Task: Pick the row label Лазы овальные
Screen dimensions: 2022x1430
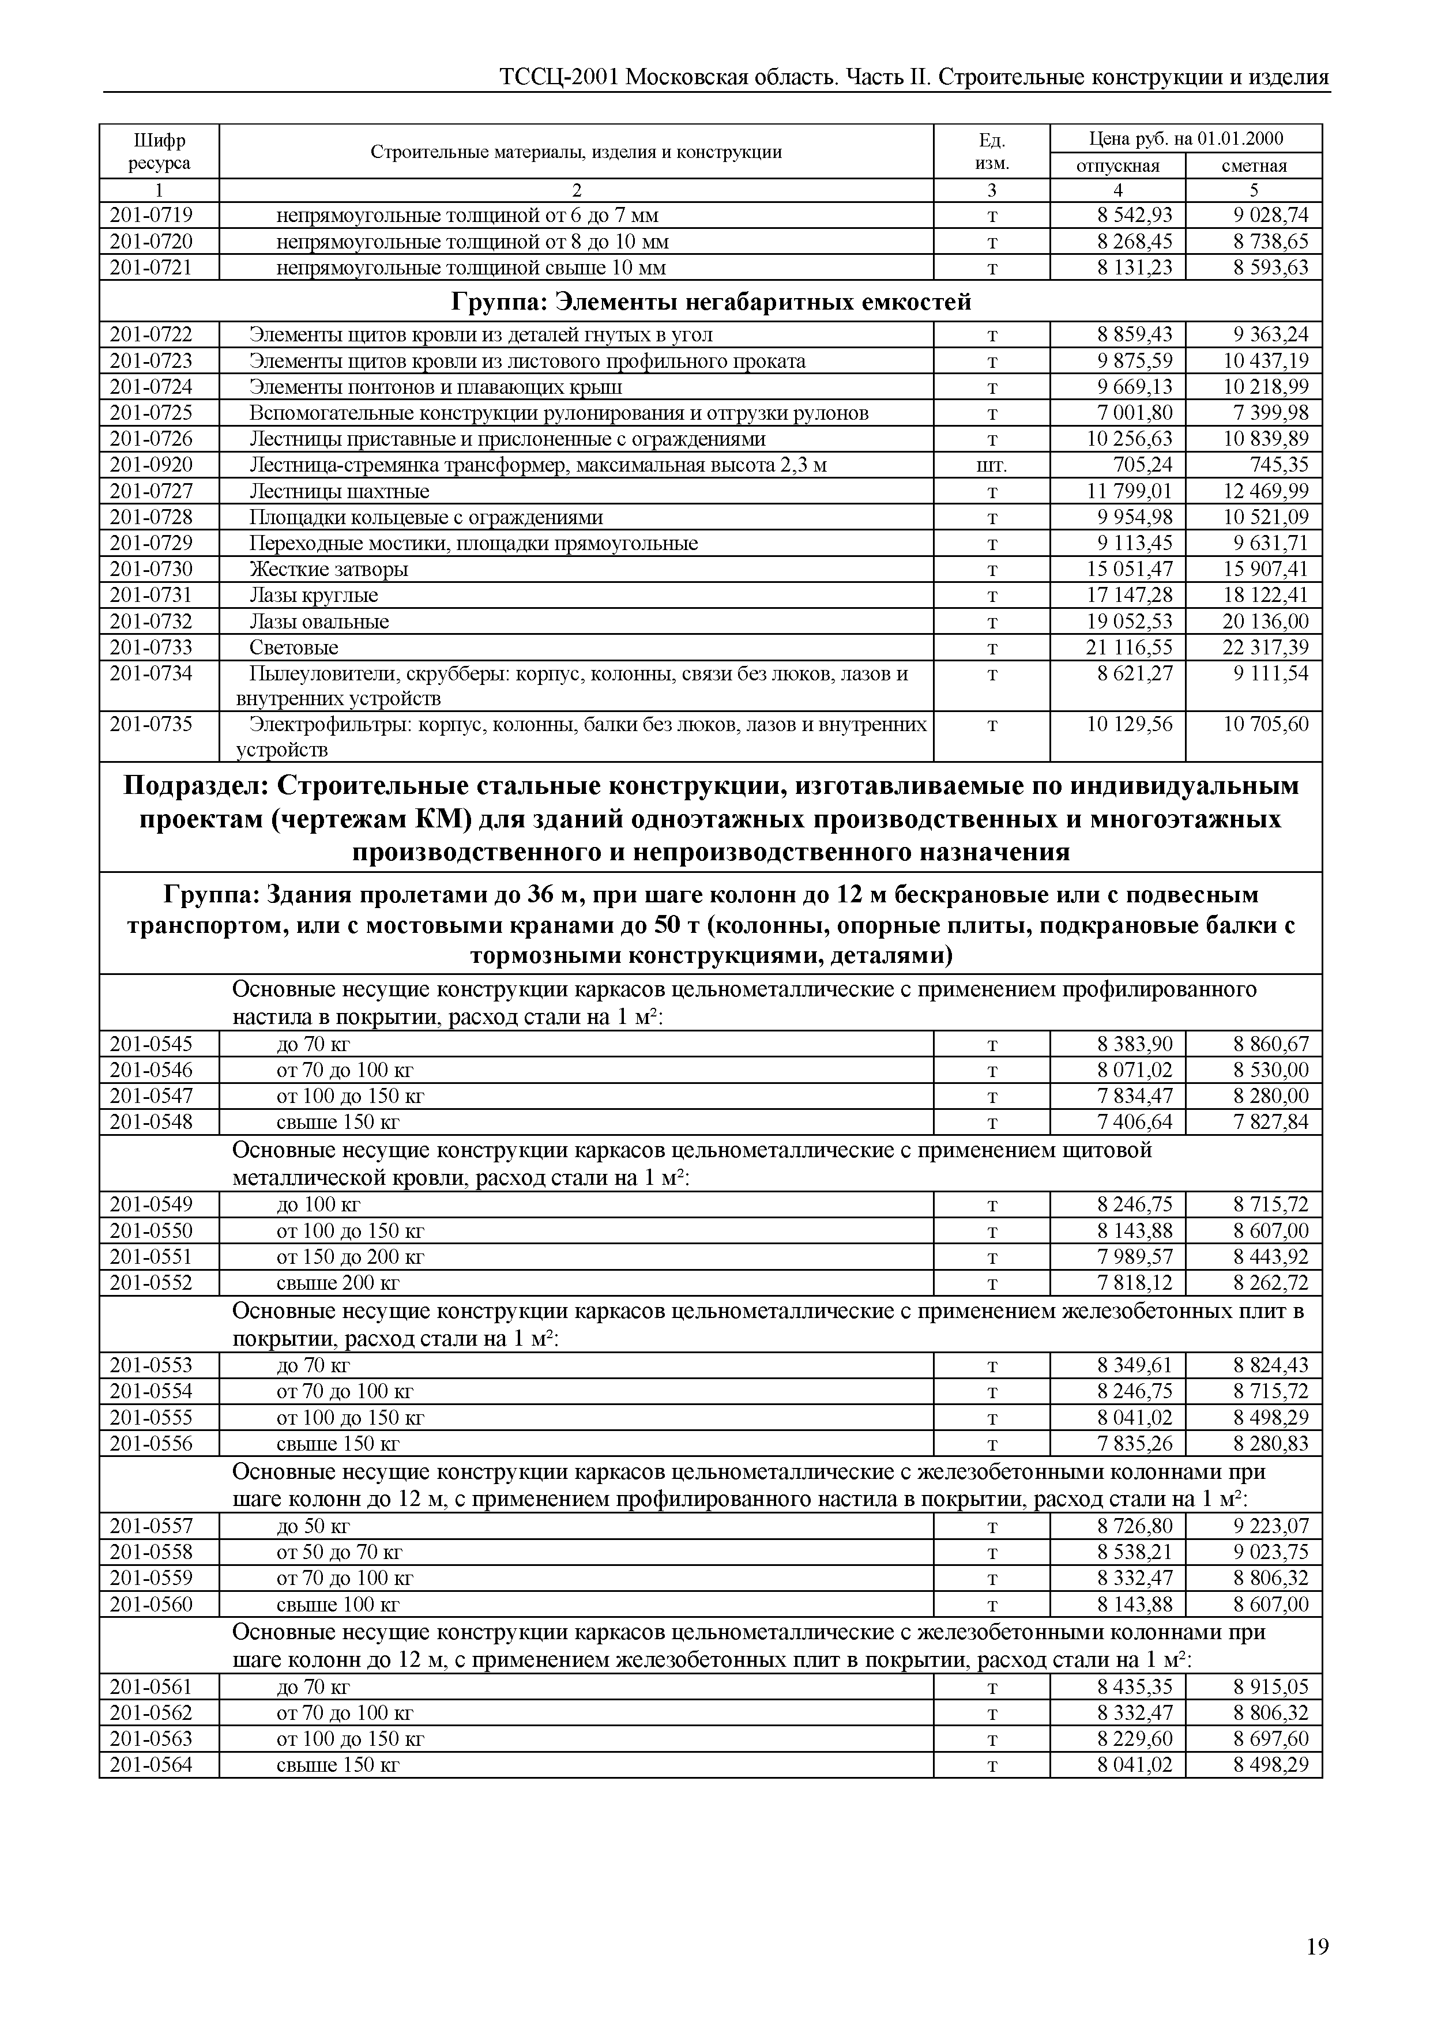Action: (x=319, y=622)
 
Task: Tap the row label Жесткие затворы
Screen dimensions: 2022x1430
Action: (x=329, y=570)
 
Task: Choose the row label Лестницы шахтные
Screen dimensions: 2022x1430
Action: (x=339, y=491)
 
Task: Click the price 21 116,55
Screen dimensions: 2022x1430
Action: (x=1130, y=647)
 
